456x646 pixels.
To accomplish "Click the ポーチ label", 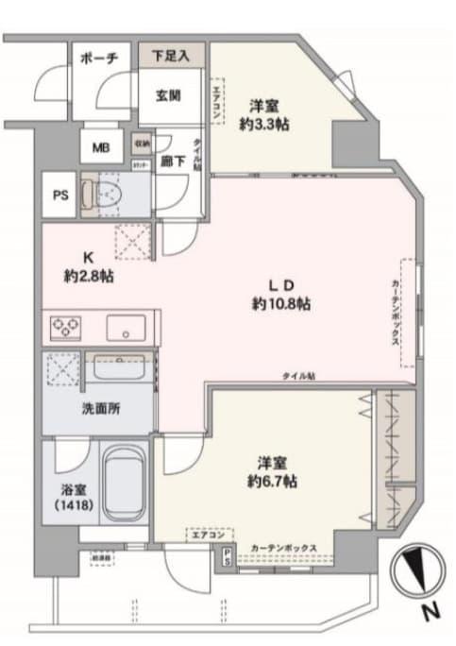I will tap(99, 59).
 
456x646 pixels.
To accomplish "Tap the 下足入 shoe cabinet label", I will tap(173, 56).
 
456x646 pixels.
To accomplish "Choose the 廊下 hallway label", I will tap(172, 161).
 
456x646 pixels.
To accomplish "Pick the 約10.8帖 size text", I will tap(282, 304).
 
